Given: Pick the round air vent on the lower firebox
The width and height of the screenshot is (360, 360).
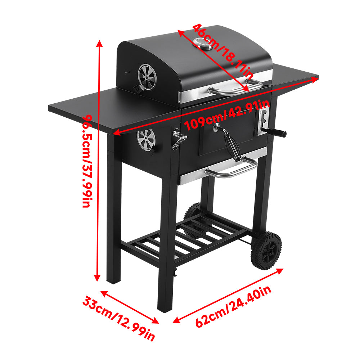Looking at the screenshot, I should (146, 139).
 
